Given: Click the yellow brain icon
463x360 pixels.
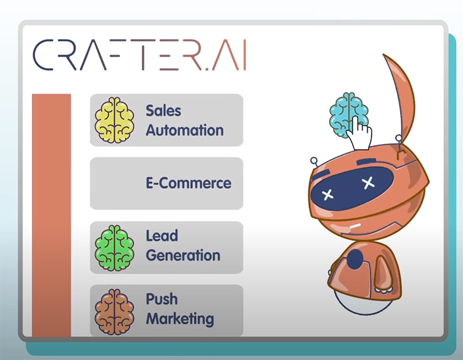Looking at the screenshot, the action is coord(114,120).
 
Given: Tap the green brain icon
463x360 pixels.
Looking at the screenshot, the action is coord(114,248).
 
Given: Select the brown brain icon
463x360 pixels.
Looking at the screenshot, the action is coord(114,312).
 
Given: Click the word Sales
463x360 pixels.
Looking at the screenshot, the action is coord(163,111).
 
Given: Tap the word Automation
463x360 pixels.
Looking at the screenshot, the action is coord(185,130).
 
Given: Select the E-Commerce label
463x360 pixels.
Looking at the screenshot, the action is coord(188,183).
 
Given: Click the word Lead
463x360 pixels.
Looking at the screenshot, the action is coord(162,236).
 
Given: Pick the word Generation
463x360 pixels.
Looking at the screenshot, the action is coord(183,256).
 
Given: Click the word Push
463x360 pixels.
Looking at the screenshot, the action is coord(162,299).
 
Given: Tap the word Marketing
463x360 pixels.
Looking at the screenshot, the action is coord(180,319).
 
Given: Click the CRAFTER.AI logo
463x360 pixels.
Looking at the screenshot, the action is coord(139,55).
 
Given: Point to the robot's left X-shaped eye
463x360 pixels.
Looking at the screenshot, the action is coord(328,194).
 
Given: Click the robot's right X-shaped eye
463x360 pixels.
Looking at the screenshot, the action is coord(368,183).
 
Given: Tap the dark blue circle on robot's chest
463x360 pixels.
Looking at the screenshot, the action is coord(355,259).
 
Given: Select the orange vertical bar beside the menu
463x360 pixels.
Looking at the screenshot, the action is coord(52,215).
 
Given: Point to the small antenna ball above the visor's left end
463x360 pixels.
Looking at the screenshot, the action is coord(314,161).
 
